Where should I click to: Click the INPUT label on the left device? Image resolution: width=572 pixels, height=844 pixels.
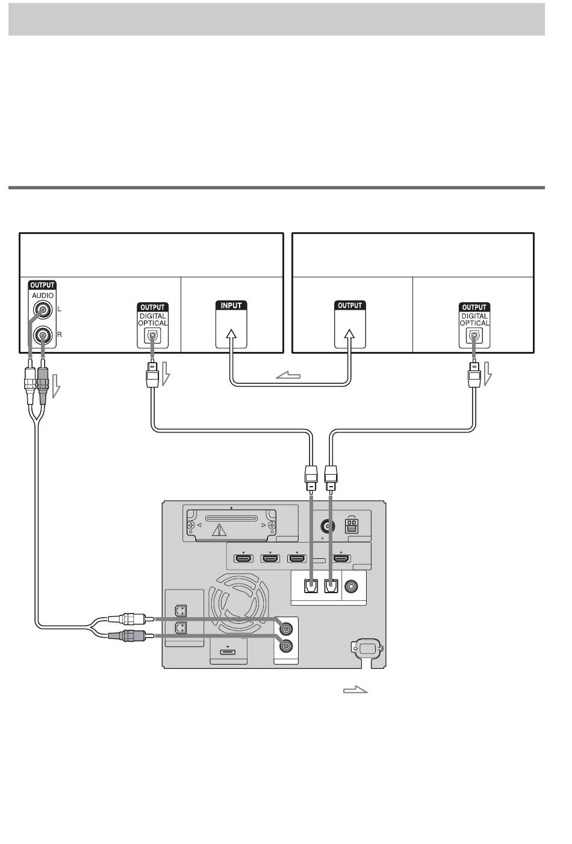pyautogui.click(x=231, y=305)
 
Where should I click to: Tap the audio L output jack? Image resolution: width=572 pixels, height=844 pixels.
pyautogui.click(x=42, y=310)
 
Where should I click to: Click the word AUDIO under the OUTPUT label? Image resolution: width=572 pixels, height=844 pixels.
pyautogui.click(x=43, y=295)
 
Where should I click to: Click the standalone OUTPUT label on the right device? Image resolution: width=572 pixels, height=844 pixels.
pyautogui.click(x=350, y=305)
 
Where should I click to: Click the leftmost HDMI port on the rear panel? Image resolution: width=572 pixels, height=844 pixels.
pyautogui.click(x=244, y=559)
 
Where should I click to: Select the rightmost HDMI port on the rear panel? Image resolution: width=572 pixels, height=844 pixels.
pyautogui.click(x=341, y=559)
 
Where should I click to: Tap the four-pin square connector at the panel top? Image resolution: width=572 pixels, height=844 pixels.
pyautogui.click(x=352, y=526)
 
